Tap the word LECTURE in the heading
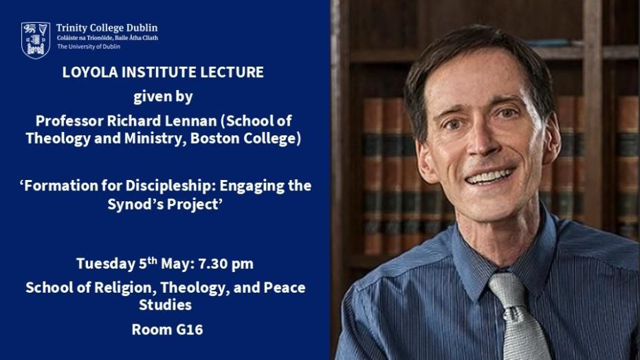pyautogui.click(x=234, y=72)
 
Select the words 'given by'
pyautogui.click(x=163, y=95)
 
